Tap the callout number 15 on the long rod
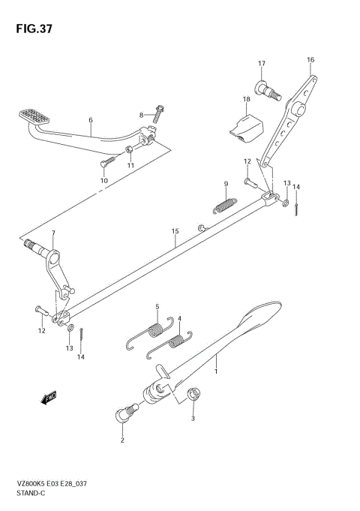point(174,232)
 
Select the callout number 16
point(310,59)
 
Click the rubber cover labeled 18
point(243,125)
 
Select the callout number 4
point(180,317)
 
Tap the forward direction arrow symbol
point(50,397)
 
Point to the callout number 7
point(52,233)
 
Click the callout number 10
point(103,181)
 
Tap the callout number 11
point(130,165)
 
